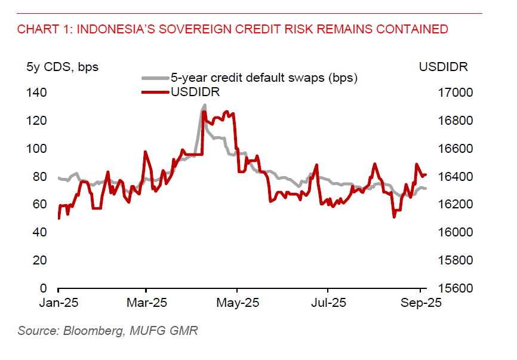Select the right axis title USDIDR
coord(444,67)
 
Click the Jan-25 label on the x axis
coord(59,303)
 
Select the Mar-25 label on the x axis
coord(147,303)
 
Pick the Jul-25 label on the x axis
coord(328,303)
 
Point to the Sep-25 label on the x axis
coord(421,303)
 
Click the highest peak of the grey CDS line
coord(204,106)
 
